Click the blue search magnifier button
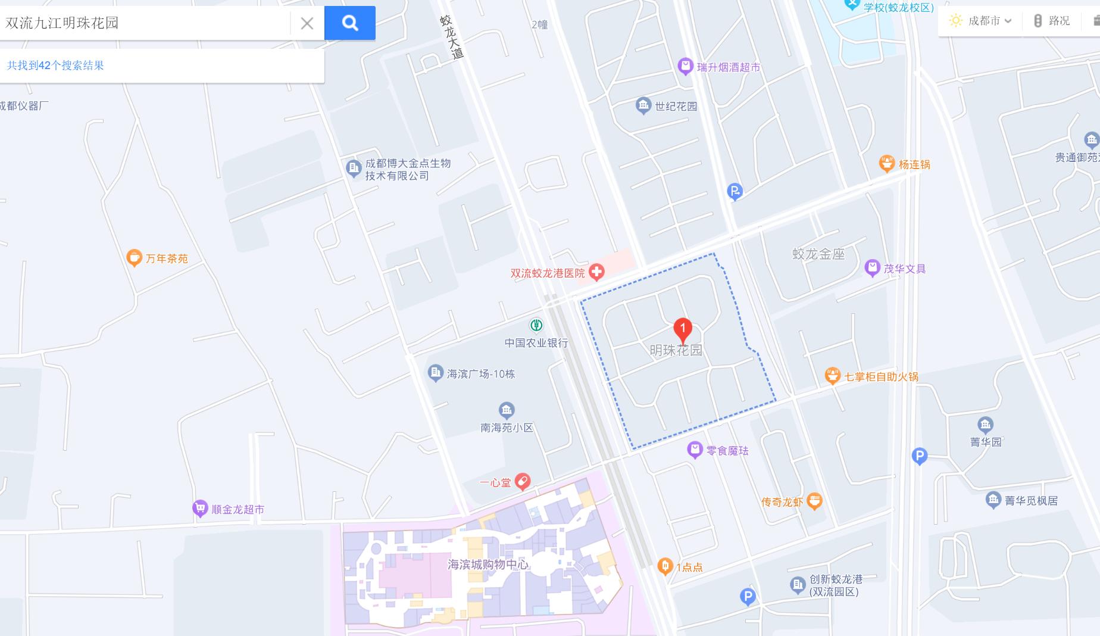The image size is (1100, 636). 350,23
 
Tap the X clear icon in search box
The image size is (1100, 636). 307,23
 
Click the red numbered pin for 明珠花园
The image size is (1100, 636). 683,329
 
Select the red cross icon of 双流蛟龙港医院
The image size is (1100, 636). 596,273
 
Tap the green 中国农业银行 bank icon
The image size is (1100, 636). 536,325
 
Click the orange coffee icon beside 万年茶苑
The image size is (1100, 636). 134,258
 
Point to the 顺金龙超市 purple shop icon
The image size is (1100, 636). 200,509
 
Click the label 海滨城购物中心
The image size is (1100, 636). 487,564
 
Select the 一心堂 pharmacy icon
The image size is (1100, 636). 523,481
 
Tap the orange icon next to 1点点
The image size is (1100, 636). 665,566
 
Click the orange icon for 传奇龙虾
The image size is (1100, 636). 814,501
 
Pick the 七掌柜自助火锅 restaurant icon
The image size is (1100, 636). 832,376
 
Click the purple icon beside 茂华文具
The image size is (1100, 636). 872,268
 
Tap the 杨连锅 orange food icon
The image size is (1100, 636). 887,163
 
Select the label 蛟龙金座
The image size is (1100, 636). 818,254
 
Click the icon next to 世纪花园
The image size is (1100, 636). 643,106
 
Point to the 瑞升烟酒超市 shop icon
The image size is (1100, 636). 686,66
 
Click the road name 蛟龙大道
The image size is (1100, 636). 452,37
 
